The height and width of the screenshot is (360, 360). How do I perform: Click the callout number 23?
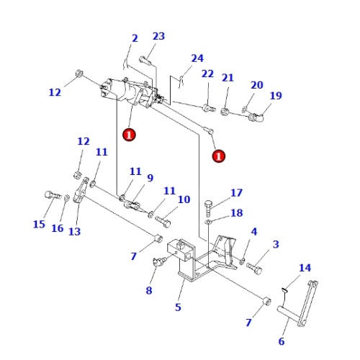tap(158, 37)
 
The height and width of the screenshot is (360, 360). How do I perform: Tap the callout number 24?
tap(197, 58)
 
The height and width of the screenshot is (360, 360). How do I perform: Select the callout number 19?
tap(276, 96)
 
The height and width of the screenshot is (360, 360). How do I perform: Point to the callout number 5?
tap(178, 307)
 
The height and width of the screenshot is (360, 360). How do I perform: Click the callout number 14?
tap(305, 268)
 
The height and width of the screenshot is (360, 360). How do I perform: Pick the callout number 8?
tap(149, 291)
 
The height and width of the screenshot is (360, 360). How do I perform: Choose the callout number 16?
tap(58, 228)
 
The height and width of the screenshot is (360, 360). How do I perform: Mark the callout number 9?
tap(150, 178)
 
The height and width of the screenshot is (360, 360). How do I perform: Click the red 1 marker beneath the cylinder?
tap(128, 134)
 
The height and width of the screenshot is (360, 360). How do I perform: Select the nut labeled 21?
tap(225, 112)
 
